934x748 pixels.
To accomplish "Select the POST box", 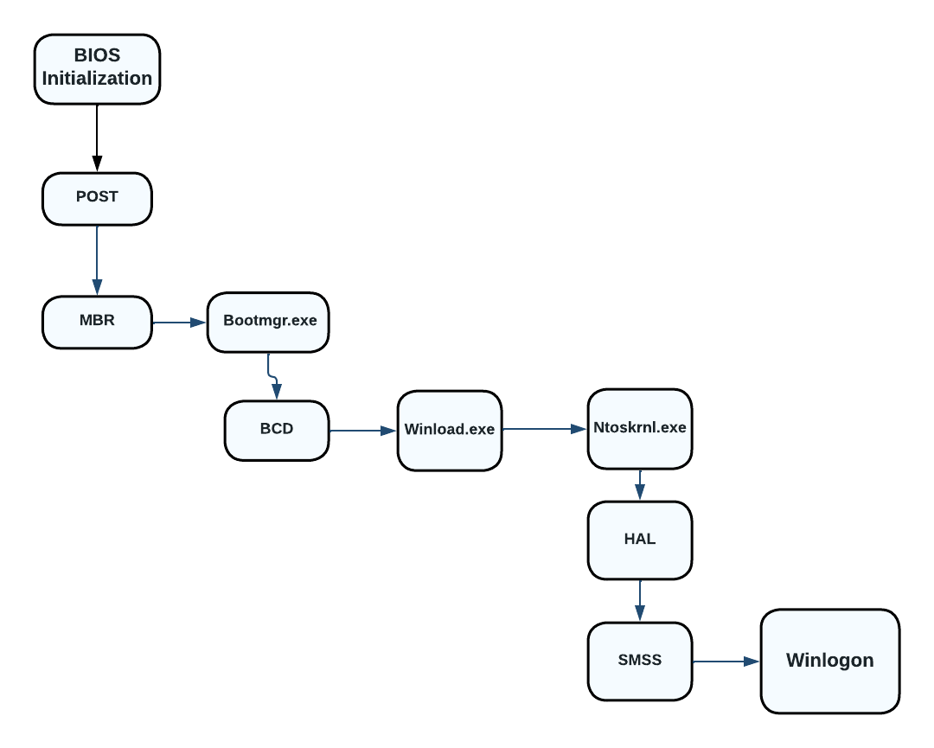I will point(97,198).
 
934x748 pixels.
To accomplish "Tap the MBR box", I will point(97,322).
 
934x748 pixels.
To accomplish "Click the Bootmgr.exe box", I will point(268,322).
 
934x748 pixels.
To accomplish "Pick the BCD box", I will point(277,430).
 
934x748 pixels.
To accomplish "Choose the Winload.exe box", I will point(450,431).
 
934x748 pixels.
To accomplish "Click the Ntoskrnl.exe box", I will point(640,428).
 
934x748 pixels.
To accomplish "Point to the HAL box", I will point(640,540).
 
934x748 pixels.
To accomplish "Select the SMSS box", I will point(640,661).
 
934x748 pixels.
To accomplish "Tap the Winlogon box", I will point(829,661).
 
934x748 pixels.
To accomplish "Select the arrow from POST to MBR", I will point(97,259).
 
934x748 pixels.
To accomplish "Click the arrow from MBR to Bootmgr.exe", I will point(180,323).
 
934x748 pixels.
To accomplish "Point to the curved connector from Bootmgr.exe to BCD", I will point(272,376).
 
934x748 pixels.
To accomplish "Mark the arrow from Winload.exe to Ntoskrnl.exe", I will point(545,428).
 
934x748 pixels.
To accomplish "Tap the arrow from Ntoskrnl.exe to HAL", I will point(640,485).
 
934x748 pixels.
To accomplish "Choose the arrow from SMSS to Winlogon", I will point(726,662).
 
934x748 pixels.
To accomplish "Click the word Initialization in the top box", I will point(97,79).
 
